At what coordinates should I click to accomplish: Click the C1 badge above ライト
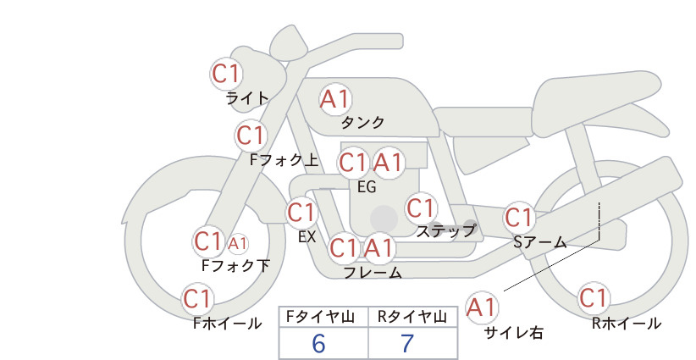tap(226, 74)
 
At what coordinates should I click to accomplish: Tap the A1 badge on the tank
tap(335, 99)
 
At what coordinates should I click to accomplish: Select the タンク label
tap(362, 122)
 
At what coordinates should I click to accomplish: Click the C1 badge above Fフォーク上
tap(251, 136)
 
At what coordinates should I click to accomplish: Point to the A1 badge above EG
tap(388, 163)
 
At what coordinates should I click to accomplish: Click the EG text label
tap(367, 187)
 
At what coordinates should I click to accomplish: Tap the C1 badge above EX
tap(301, 213)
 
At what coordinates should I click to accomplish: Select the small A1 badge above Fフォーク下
tap(237, 243)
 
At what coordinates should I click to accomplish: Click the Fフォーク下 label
tap(235, 265)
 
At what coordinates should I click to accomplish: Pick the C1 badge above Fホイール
tap(197, 299)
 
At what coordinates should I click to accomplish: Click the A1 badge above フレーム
tap(379, 247)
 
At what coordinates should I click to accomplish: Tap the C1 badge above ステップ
tap(421, 208)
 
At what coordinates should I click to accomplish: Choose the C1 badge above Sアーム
tap(519, 218)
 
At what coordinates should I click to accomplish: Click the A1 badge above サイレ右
tap(482, 307)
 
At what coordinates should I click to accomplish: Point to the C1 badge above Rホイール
tap(594, 298)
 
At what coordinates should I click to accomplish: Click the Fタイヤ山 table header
tap(320, 317)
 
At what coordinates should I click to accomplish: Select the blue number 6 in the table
tap(318, 343)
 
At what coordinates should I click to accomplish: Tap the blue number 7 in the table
tap(407, 343)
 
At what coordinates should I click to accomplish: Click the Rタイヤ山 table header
tap(412, 317)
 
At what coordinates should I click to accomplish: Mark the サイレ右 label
tap(514, 333)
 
